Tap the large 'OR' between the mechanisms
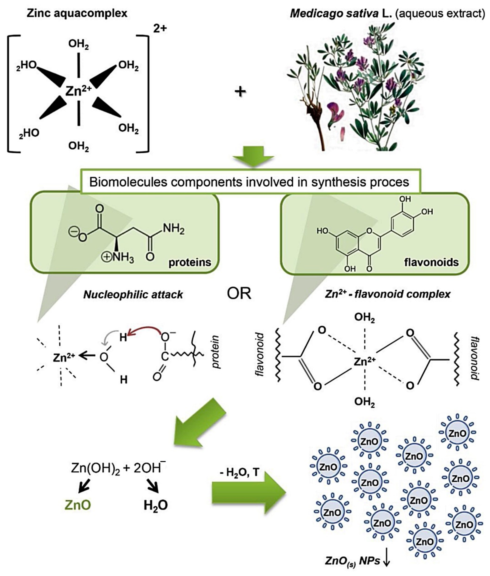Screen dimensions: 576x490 click(x=239, y=293)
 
